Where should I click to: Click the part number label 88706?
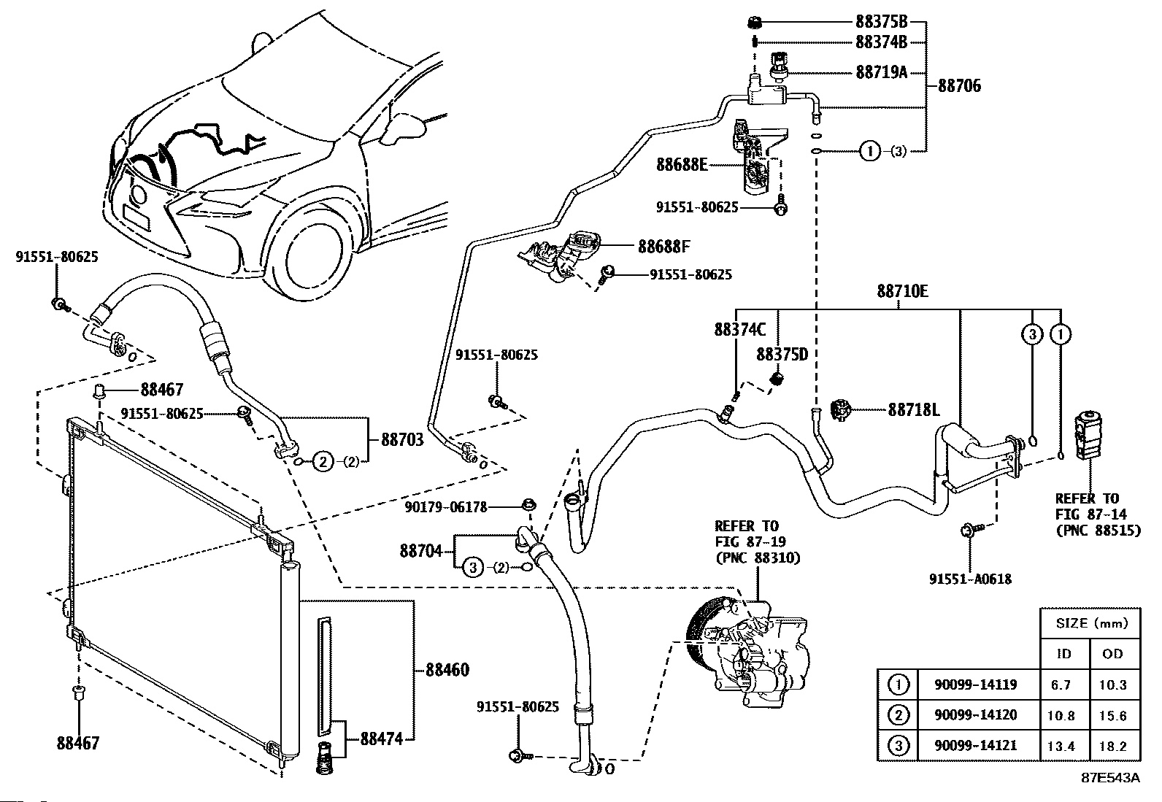tap(959, 85)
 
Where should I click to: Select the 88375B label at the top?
tap(882, 22)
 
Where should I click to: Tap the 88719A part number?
tap(882, 72)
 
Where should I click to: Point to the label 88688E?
tap(682, 164)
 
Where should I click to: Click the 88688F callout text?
tap(664, 246)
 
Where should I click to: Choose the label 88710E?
tap(903, 291)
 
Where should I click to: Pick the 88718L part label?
tap(914, 410)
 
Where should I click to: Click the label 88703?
tap(403, 440)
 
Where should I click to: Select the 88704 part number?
tap(420, 550)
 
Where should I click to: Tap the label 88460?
tap(447, 670)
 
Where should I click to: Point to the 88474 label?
tap(381, 739)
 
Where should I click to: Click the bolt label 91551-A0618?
tap(970, 579)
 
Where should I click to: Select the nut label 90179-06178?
tap(446, 507)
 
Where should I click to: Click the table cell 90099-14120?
tap(975, 715)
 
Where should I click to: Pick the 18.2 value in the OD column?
tap(1112, 747)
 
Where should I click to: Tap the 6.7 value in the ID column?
tap(1061, 685)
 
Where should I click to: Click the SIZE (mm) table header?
tap(1092, 622)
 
